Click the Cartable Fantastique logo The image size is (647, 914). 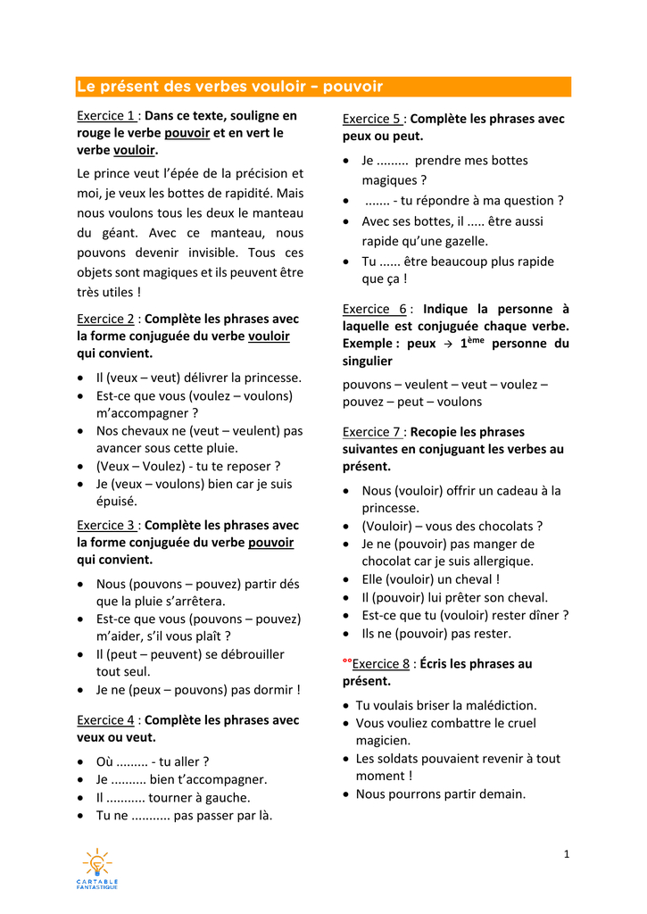(96, 868)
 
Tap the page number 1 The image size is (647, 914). (567, 854)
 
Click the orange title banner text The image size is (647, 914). (229, 87)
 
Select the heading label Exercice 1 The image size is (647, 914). (106, 115)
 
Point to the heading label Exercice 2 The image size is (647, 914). (106, 319)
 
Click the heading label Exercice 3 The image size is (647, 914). (106, 525)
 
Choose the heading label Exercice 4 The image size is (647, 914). (106, 719)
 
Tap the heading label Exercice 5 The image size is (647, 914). (372, 119)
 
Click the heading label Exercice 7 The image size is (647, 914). (372, 431)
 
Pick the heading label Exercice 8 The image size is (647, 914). (381, 663)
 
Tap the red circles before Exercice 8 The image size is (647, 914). (347, 661)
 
